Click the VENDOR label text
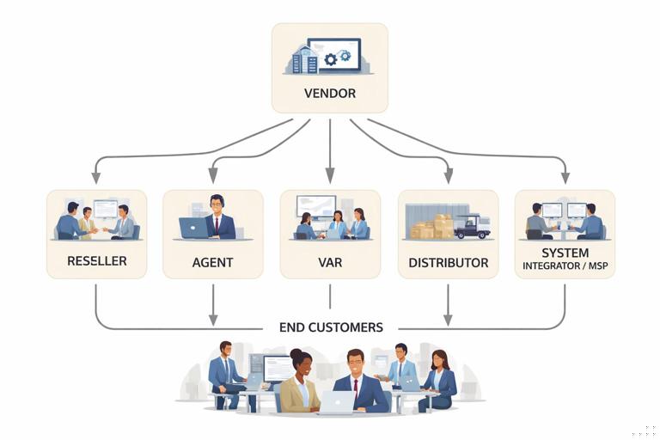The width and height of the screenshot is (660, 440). point(330,93)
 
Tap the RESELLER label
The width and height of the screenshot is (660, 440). point(96,261)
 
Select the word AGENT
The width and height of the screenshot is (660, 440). point(212,262)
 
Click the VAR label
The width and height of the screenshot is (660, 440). point(330,262)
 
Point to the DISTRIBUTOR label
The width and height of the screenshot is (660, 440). point(448,262)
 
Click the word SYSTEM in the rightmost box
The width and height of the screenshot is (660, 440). point(565,253)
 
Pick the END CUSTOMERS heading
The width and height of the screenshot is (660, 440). point(331,327)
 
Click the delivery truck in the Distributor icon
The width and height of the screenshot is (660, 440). point(472,226)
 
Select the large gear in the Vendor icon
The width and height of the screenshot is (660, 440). point(331,60)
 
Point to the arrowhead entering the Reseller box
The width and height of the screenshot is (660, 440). point(96,178)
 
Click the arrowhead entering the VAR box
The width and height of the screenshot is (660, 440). point(330,178)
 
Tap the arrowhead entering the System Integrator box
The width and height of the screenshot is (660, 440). point(565,178)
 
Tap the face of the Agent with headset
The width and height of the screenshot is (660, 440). point(217,205)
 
